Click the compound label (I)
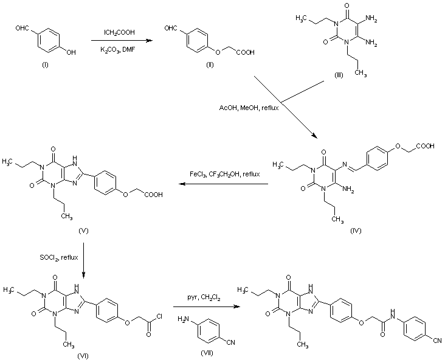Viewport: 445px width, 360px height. click(45, 65)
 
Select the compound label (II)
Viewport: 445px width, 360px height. click(210, 64)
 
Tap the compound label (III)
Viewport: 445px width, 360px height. click(339, 75)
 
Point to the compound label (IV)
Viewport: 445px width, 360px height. click(356, 230)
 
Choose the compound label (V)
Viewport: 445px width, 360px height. click(83, 230)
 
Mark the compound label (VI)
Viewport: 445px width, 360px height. click(83, 356)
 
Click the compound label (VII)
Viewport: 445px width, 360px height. click(207, 353)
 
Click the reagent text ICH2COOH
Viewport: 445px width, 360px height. click(119, 33)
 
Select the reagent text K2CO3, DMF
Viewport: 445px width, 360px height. click(118, 50)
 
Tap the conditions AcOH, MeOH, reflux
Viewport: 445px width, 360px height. click(249, 108)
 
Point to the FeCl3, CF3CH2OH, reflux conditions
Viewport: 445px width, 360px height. click(224, 174)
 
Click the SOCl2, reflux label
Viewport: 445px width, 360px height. click(59, 257)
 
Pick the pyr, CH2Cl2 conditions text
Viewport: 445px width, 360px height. click(204, 298)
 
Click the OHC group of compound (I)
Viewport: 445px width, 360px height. click(22, 28)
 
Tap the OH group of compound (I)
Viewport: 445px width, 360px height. click(71, 52)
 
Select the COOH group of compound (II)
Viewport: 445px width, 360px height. click(246, 52)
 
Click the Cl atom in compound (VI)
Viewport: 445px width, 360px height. click(159, 316)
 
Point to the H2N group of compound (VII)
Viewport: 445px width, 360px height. click(184, 319)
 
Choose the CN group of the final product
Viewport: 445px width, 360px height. click(437, 341)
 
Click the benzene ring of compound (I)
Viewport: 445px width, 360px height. click(48, 40)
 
